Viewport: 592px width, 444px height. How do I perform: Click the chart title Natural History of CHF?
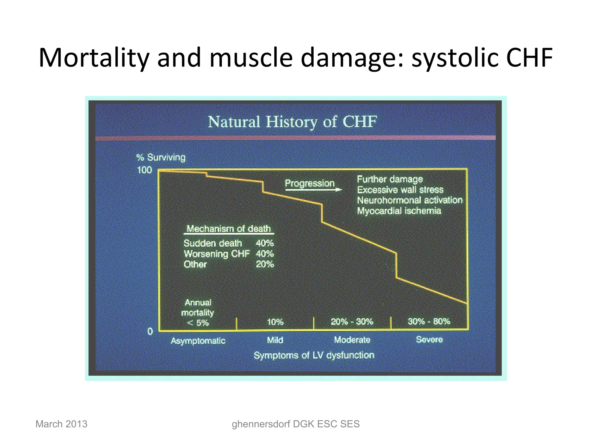(x=292, y=122)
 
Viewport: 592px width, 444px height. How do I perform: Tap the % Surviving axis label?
(x=161, y=158)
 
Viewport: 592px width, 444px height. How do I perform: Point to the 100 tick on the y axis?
(x=144, y=170)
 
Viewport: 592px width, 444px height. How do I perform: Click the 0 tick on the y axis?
(x=150, y=331)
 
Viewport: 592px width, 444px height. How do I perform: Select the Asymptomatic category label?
(x=198, y=341)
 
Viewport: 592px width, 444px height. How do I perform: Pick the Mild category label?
(x=275, y=340)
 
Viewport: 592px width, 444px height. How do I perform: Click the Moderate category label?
(x=352, y=340)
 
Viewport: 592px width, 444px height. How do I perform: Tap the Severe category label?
(x=429, y=339)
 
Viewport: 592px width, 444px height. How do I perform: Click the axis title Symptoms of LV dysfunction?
(x=314, y=355)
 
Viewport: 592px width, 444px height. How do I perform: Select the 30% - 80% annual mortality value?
(x=429, y=321)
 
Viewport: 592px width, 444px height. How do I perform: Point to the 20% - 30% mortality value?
(x=352, y=322)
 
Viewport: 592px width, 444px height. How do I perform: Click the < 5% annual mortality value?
(x=198, y=323)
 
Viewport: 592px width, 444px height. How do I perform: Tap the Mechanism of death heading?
(x=229, y=229)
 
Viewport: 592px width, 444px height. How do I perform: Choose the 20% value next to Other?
(x=265, y=264)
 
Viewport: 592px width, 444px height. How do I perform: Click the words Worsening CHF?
(x=217, y=254)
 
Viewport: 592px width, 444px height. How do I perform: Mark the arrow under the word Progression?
(x=313, y=190)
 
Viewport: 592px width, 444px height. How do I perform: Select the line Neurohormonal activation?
(x=410, y=200)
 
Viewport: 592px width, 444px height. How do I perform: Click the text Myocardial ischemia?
(x=399, y=211)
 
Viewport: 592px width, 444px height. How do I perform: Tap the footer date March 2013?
(x=61, y=424)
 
